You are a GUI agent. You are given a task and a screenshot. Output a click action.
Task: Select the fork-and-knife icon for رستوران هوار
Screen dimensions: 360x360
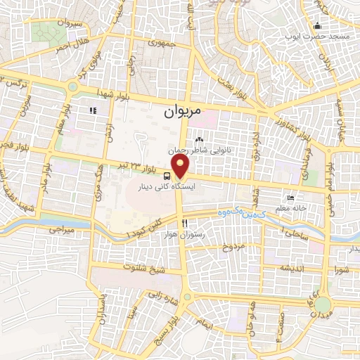point(184,223)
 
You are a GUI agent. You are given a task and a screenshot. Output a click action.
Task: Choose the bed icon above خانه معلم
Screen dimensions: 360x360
point(291,198)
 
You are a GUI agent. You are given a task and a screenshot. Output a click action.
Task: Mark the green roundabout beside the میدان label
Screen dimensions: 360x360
point(322,305)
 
